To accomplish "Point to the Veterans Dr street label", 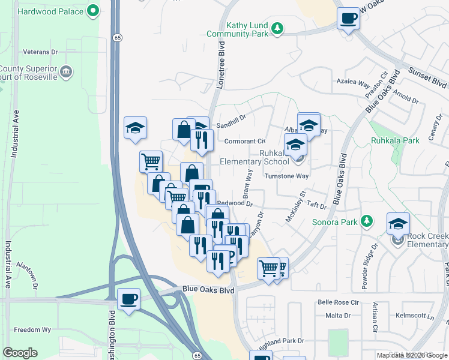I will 40,52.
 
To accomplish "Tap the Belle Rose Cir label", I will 342,303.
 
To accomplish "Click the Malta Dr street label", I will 338,316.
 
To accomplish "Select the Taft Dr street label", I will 316,205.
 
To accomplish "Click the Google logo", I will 20,353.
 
